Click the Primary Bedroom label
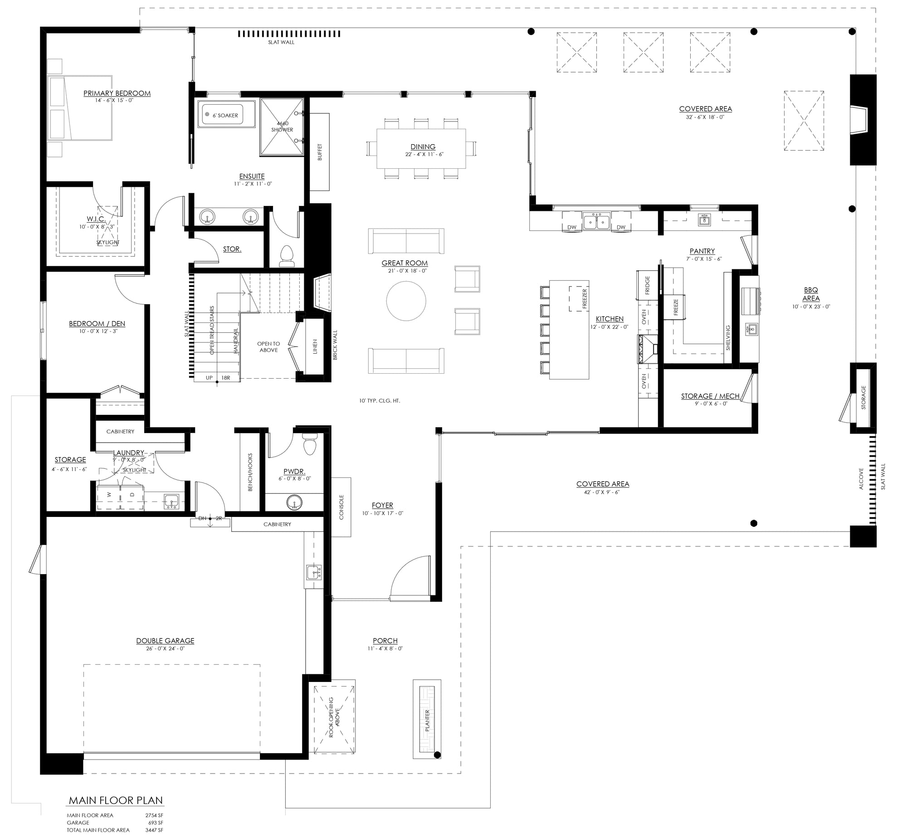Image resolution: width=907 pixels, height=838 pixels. (117, 93)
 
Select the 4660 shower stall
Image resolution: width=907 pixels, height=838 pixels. (282, 127)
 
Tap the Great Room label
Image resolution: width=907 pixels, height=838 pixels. (405, 263)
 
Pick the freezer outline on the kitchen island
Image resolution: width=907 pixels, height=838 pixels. (579, 298)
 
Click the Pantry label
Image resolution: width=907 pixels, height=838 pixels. (702, 251)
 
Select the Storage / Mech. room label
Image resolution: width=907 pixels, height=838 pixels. (711, 396)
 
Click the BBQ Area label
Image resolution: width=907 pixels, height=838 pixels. (811, 294)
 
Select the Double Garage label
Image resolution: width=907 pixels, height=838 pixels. (165, 641)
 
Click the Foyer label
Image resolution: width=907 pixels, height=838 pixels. (382, 505)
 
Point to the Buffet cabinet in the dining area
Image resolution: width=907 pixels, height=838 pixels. (320, 152)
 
